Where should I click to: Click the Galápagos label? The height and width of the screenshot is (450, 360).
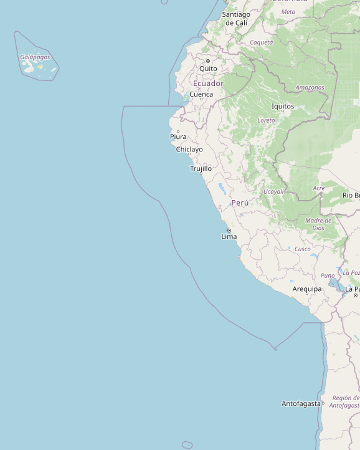pyautogui.click(x=35, y=57)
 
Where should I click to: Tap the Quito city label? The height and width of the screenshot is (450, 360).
pyautogui.click(x=209, y=69)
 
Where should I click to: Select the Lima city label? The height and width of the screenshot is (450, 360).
pyautogui.click(x=229, y=237)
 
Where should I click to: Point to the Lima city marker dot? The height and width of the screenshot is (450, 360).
pyautogui.click(x=229, y=231)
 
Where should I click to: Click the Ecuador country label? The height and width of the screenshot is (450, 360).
pyautogui.click(x=208, y=84)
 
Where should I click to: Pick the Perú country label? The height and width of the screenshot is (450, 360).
pyautogui.click(x=240, y=203)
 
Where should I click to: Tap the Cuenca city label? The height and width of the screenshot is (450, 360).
pyautogui.click(x=201, y=95)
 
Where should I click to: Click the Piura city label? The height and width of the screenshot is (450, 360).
pyautogui.click(x=178, y=136)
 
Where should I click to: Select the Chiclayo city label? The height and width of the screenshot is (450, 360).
pyautogui.click(x=189, y=150)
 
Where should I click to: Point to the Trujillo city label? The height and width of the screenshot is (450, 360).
pyautogui.click(x=201, y=168)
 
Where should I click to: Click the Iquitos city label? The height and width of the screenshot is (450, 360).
pyautogui.click(x=283, y=107)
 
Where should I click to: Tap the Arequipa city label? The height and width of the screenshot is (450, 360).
pyautogui.click(x=308, y=289)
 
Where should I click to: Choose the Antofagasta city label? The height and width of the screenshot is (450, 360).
pyautogui.click(x=301, y=403)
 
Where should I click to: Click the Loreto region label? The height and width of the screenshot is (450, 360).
pyautogui.click(x=266, y=120)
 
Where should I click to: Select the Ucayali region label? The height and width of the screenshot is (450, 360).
pyautogui.click(x=274, y=191)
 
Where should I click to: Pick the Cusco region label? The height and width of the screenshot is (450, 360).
pyautogui.click(x=303, y=249)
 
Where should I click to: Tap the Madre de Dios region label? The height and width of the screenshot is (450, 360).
pyautogui.click(x=318, y=224)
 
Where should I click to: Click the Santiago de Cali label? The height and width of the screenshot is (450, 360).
pyautogui.click(x=236, y=18)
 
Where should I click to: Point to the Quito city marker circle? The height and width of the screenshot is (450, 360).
pyautogui.click(x=208, y=61)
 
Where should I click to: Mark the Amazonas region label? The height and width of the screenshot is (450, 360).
pyautogui.click(x=310, y=88)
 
